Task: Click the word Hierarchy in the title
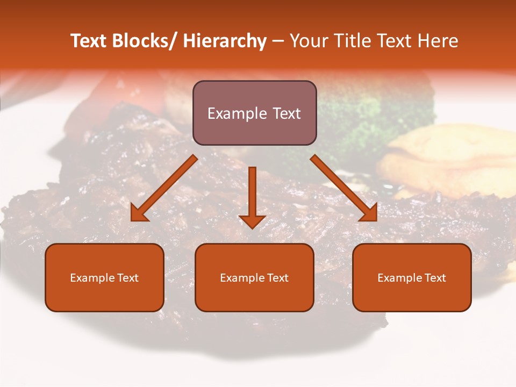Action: click(x=225, y=41)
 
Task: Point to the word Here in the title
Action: click(x=438, y=41)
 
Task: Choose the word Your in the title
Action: click(x=309, y=41)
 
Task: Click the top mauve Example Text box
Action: click(x=254, y=113)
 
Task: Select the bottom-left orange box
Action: click(x=104, y=277)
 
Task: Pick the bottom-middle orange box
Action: click(x=254, y=277)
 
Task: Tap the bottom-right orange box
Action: click(x=412, y=277)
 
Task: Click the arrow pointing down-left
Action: click(x=164, y=188)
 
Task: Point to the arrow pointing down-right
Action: click(x=344, y=188)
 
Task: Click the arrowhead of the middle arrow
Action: click(x=252, y=221)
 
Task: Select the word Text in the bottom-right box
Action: click(x=435, y=278)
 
